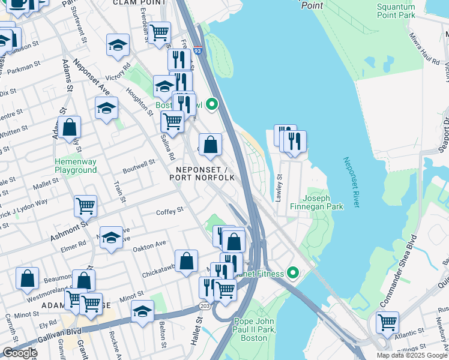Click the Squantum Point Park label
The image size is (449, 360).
396,10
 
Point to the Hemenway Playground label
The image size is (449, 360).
75,166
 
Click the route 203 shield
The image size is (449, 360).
204,307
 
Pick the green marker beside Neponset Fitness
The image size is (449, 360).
292,273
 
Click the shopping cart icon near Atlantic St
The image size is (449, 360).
387,322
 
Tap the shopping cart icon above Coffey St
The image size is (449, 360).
85,206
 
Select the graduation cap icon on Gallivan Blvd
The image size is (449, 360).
142,313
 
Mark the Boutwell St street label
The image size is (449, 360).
139,162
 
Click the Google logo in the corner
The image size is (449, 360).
20,353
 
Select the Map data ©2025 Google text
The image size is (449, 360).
411,355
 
